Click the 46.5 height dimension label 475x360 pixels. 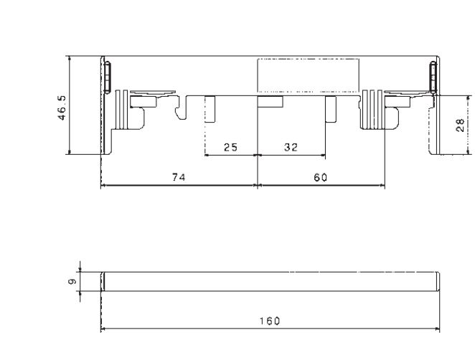tap(62, 108)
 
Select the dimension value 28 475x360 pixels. tap(459, 125)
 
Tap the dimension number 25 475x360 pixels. tap(230, 148)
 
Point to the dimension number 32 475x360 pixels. tap(291, 148)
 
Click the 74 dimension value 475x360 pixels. tap(179, 177)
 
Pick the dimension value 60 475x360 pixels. tap(320, 177)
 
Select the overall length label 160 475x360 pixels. tap(270, 321)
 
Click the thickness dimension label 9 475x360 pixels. tap(72, 282)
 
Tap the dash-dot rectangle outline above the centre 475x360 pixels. tap(308, 75)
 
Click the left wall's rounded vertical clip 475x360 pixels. tap(107, 77)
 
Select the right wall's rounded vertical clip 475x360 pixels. tap(433, 77)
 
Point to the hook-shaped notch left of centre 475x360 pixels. tap(181, 108)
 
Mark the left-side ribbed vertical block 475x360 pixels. tap(122, 110)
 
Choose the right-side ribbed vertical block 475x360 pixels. tap(372, 110)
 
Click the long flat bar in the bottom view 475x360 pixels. tap(270, 282)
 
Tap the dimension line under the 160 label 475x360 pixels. tap(270, 328)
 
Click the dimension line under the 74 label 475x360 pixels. tap(179, 185)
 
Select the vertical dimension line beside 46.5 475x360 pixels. tap(70, 105)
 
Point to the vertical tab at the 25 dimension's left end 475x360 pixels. tap(210, 109)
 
